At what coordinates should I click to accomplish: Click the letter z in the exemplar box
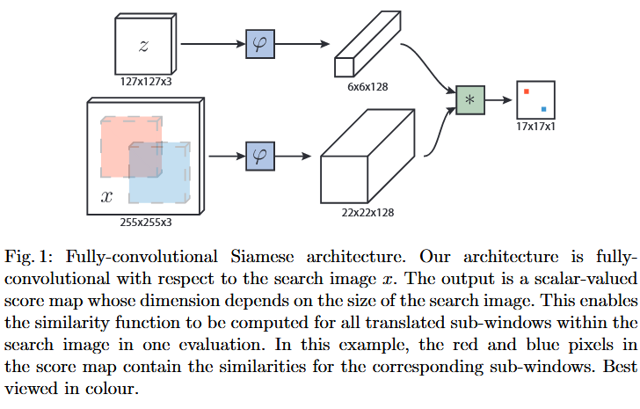click(x=144, y=46)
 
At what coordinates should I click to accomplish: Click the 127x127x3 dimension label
click(x=144, y=81)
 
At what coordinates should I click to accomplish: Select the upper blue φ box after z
click(x=259, y=44)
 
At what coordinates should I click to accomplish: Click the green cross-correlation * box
click(x=469, y=100)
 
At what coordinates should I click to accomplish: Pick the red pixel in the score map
click(x=526, y=91)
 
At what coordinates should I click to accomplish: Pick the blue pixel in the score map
click(x=544, y=110)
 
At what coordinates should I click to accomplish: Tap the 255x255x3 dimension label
click(x=146, y=223)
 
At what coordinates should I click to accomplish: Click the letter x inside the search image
click(x=106, y=197)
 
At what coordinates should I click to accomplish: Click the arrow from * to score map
click(x=499, y=100)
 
